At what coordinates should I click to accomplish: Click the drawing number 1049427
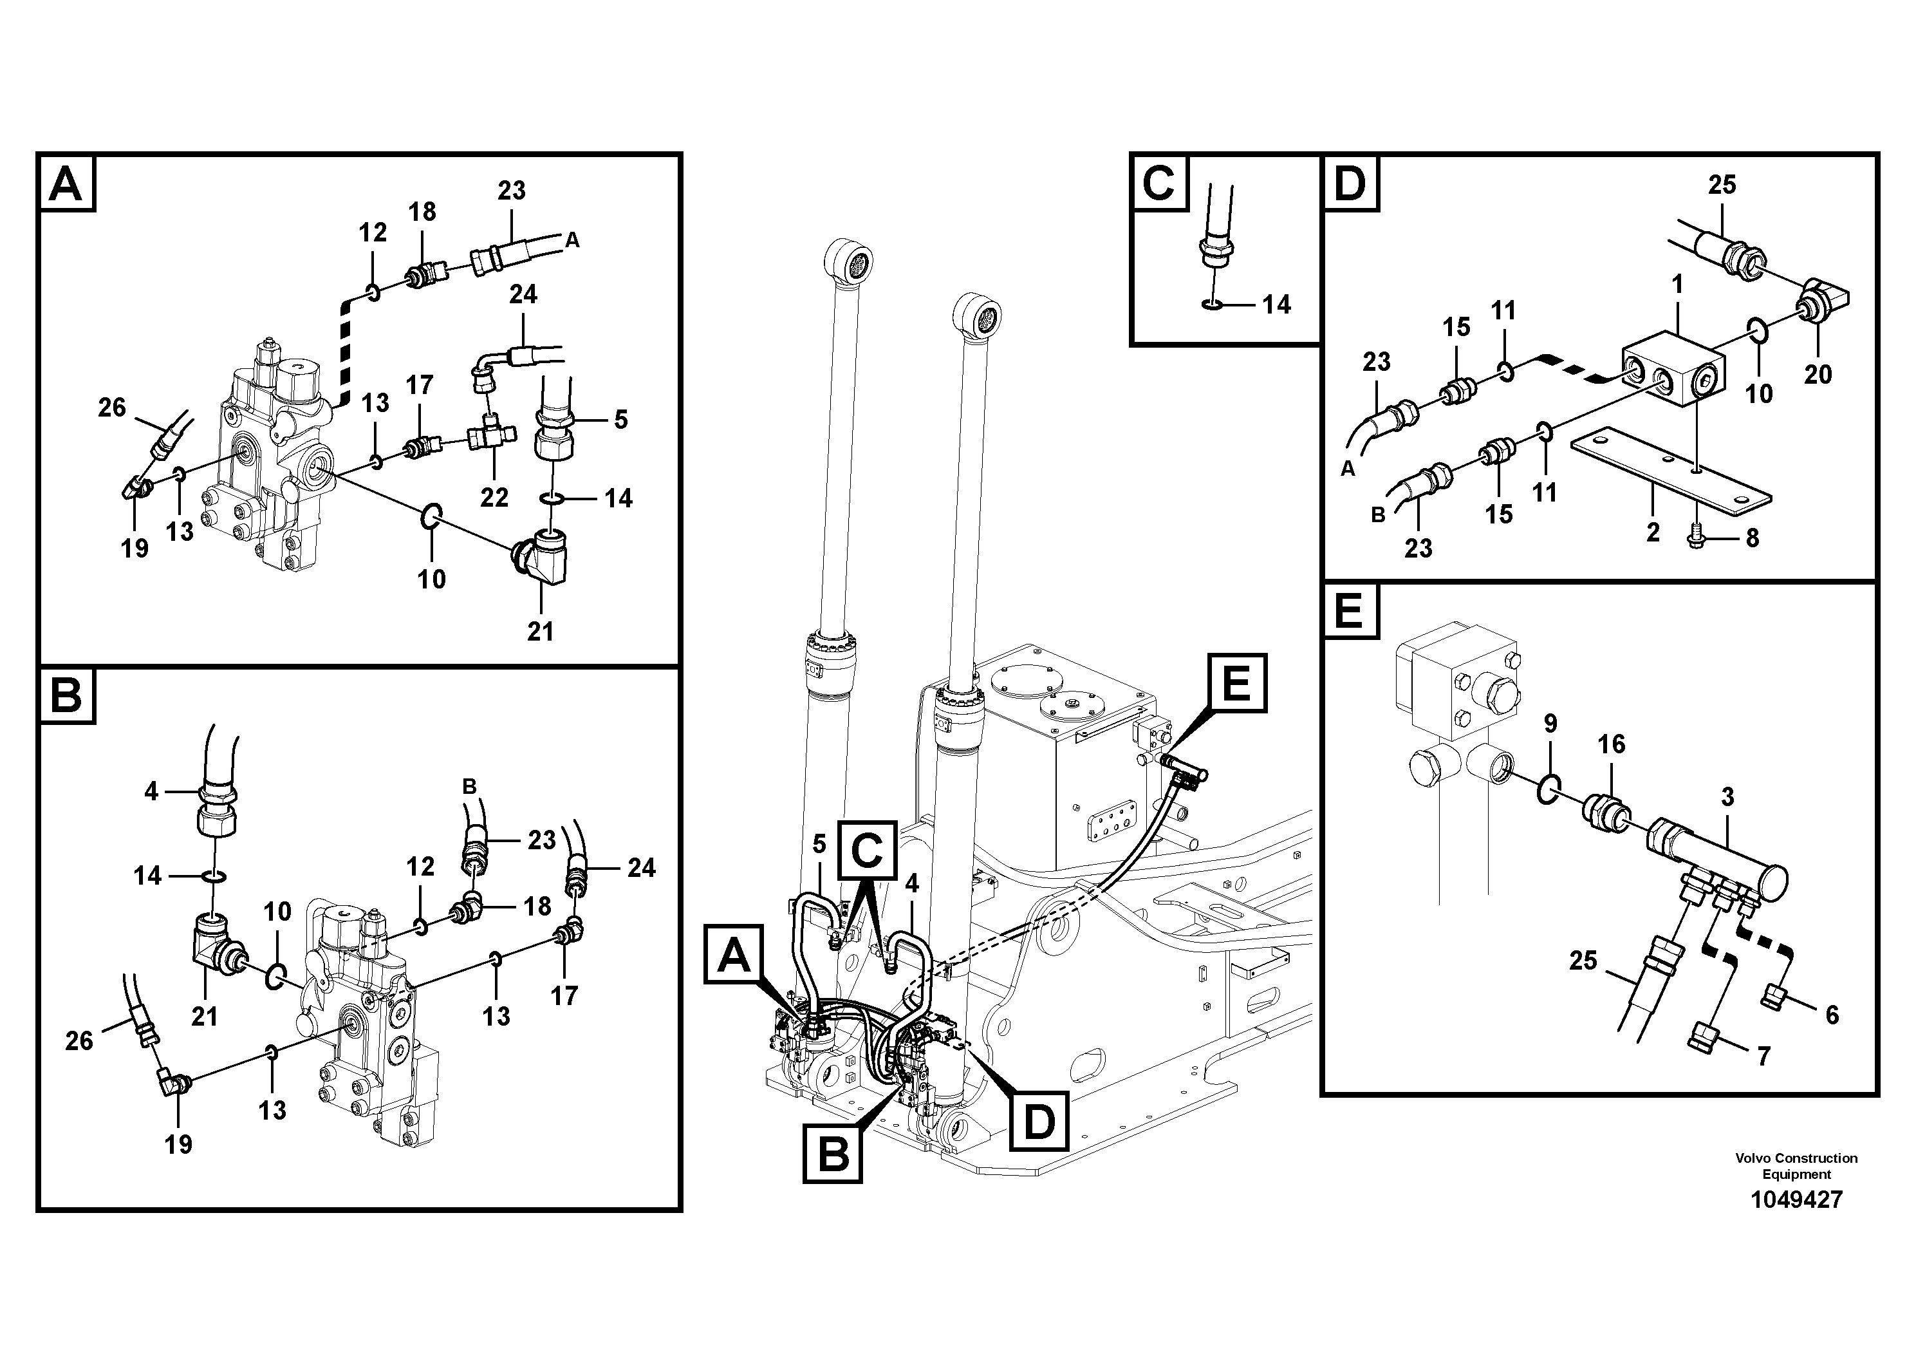coord(1796,1199)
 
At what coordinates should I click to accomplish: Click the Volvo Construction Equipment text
coord(1796,1165)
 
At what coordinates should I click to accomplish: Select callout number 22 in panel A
coord(494,498)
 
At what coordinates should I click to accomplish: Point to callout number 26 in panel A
coord(112,408)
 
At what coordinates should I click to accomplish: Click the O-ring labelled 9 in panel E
coord(1547,788)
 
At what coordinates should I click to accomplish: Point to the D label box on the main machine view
coord(1039,1120)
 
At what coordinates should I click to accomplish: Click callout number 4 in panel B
coord(151,791)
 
